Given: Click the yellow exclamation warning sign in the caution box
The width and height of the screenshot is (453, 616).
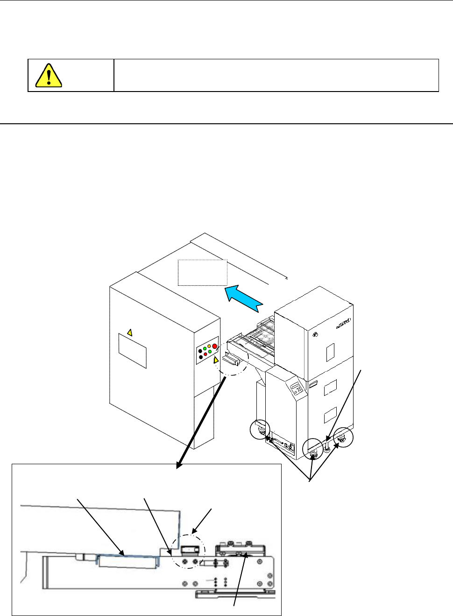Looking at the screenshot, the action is click(x=49, y=75).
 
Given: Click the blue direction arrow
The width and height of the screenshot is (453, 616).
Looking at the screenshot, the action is click(x=243, y=299).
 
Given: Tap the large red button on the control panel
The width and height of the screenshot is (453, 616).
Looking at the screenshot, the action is click(x=215, y=347).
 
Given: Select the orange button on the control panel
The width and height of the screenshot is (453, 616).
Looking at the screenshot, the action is click(x=209, y=347).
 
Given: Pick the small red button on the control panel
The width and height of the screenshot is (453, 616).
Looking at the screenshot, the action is click(x=205, y=354).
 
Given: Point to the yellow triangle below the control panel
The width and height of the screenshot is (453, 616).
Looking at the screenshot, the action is click(x=216, y=361).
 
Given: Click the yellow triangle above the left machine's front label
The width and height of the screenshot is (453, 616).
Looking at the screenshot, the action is click(x=130, y=333).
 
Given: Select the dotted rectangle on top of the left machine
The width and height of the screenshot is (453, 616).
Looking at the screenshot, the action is click(x=202, y=272).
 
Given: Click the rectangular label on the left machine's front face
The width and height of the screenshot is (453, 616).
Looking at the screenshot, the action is click(x=132, y=351).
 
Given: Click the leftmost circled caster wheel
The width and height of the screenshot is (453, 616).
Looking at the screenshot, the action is click(x=260, y=429).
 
